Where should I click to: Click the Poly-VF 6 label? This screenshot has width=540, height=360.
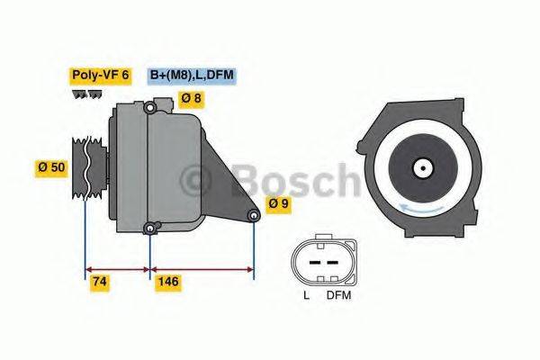(x=100, y=76)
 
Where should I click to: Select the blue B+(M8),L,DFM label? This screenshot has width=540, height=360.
(x=192, y=76)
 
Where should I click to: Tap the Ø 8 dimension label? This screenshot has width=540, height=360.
(x=191, y=99)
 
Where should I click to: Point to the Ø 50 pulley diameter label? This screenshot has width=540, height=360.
(x=51, y=168)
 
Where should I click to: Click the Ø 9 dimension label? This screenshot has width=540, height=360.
(x=278, y=204)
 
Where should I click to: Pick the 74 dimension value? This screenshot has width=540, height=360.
(x=100, y=283)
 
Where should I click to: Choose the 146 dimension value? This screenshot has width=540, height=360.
(x=168, y=283)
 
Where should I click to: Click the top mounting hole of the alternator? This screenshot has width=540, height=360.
(x=149, y=109)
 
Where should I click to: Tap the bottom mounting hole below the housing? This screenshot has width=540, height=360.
(x=149, y=228)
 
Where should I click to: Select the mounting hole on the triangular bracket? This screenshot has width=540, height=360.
(x=254, y=216)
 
